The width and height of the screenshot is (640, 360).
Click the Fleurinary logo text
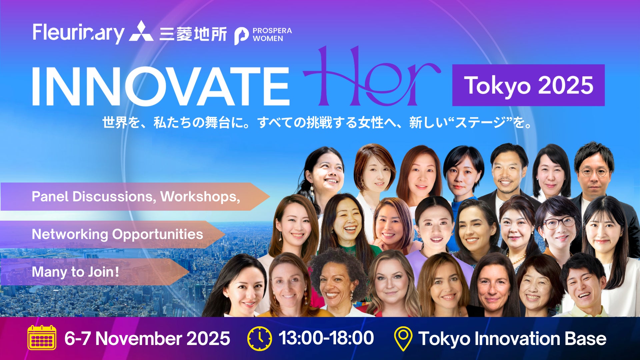(78, 33)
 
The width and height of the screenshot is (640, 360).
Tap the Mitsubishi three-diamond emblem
(141, 31)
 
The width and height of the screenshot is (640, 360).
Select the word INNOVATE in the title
(161, 86)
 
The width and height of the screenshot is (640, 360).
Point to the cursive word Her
(372, 78)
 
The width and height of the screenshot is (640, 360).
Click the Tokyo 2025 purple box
(528, 85)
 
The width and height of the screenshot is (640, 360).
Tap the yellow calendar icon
(42, 338)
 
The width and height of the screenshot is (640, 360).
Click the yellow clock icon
(260, 338)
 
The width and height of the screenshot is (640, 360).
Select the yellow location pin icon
(403, 339)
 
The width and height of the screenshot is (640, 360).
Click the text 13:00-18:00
(326, 338)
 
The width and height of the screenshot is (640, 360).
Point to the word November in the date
(139, 338)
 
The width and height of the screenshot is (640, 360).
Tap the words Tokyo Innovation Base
(512, 339)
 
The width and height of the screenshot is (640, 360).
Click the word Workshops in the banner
(200, 196)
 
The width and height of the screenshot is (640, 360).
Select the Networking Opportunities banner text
(117, 234)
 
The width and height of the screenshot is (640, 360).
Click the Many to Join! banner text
(75, 272)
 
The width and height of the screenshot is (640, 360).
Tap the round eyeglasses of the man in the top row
(594, 172)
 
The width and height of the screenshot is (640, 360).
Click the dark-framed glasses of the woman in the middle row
(559, 222)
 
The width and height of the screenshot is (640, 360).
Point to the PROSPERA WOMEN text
(272, 34)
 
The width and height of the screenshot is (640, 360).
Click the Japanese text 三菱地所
(193, 34)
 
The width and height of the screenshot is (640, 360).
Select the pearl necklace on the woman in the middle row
(517, 258)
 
